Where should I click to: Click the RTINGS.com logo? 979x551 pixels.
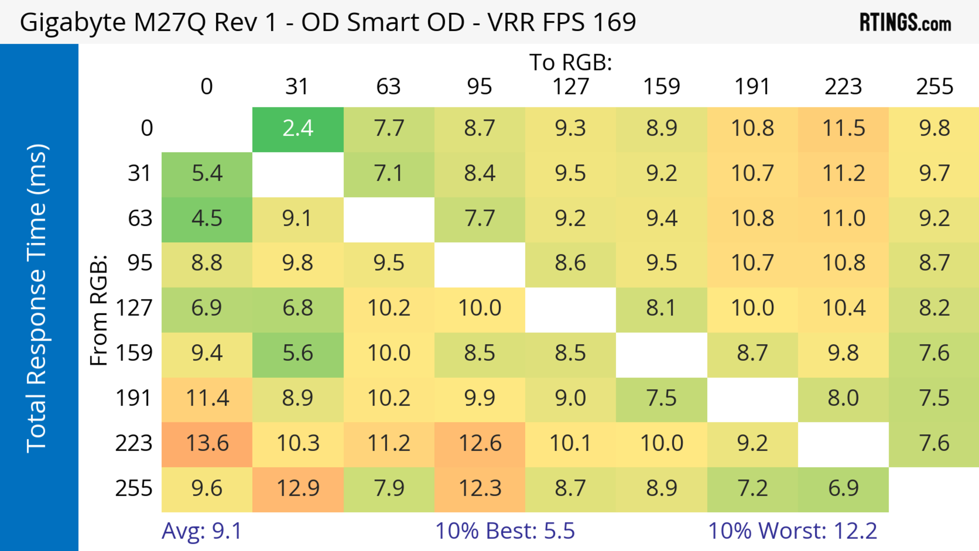point(905,22)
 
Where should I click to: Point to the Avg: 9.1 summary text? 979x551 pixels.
point(201,531)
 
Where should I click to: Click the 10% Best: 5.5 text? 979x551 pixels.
point(505,531)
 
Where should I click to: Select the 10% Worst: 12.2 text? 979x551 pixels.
point(792,531)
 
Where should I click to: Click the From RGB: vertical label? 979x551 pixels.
point(99,310)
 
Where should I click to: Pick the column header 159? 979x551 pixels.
point(661,87)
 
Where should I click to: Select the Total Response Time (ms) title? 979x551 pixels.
point(37,298)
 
